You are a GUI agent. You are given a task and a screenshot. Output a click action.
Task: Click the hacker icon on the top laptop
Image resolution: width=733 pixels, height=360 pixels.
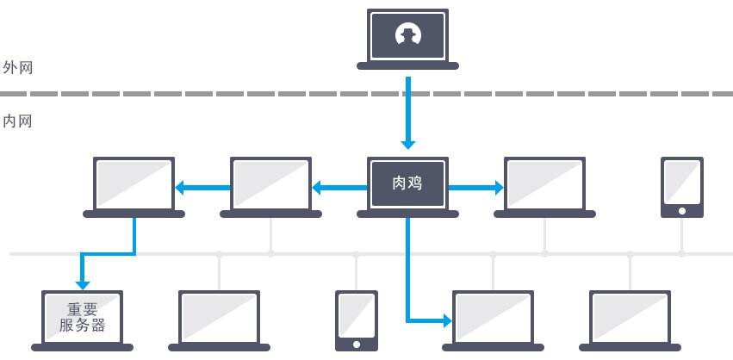[407, 35]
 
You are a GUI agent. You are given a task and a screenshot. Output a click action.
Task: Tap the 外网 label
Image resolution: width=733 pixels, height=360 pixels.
[18, 67]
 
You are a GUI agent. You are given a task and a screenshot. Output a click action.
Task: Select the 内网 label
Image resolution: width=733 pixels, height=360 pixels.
[18, 121]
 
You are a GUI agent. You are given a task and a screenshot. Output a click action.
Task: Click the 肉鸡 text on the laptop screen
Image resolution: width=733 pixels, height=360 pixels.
[407, 183]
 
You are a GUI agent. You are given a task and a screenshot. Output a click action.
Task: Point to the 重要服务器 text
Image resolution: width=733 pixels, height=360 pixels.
[83, 317]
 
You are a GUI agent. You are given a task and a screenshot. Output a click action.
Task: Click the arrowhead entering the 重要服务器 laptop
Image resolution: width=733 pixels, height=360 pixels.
[83, 282]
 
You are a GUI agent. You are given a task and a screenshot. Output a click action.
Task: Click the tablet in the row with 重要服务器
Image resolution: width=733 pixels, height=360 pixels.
[357, 320]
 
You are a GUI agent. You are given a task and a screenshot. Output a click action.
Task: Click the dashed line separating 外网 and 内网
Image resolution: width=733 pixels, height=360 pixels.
[366, 93]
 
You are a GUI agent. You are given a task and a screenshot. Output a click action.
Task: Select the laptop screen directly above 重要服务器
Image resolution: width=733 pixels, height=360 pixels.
[134, 183]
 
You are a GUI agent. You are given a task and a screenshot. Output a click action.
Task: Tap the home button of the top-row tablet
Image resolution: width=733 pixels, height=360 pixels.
[681, 210]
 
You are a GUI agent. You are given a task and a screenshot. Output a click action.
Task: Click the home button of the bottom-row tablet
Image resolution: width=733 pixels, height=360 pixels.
[357, 344]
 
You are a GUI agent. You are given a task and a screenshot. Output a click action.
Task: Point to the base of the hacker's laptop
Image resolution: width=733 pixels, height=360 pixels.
[407, 65]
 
